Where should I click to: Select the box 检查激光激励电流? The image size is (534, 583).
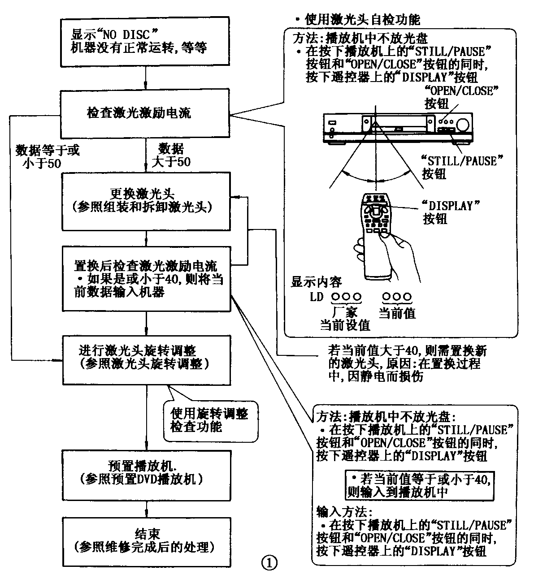(x=146, y=113)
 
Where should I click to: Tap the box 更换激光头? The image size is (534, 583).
(x=146, y=200)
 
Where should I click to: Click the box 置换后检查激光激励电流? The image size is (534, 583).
(x=146, y=278)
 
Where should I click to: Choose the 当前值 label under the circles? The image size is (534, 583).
(x=397, y=312)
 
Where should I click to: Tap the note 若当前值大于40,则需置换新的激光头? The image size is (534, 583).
(x=406, y=363)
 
